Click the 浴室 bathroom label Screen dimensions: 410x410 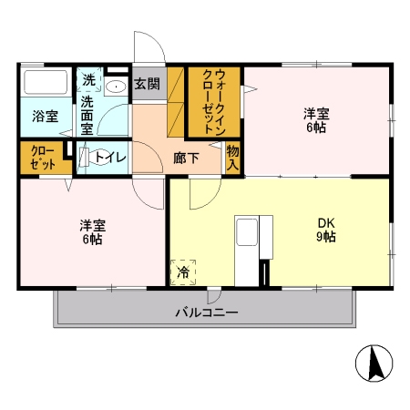pos(46,116)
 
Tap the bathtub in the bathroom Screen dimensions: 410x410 pos(46,85)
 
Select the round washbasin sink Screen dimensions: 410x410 pos(116,87)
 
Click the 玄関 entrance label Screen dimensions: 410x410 pos(148,84)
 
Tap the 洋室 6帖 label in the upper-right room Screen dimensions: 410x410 pos(317,120)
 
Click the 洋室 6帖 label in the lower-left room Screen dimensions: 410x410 pos(92,232)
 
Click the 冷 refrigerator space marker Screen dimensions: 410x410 pos(183,272)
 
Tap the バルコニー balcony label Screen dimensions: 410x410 pos(207,313)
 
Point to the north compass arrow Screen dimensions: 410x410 pos(373,364)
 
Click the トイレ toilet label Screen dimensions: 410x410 pos(110,157)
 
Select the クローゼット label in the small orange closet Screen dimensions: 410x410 pos(42,157)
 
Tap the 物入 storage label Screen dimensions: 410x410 pos(232,157)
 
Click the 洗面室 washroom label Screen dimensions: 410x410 pos(87,116)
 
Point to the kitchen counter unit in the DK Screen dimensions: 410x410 pos(248,246)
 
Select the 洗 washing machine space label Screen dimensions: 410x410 pos(89,80)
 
